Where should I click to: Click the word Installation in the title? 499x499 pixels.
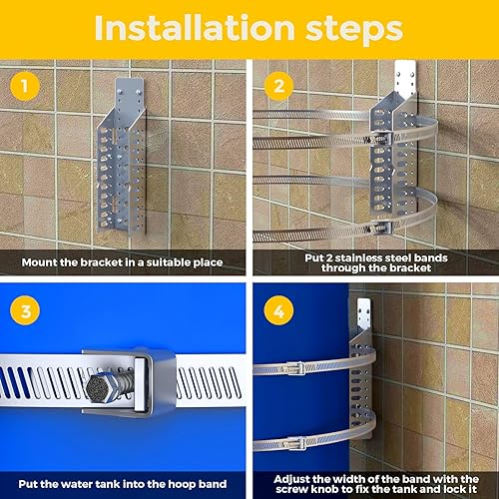pyautogui.click(x=195, y=28)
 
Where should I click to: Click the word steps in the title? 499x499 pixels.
pyautogui.click(x=354, y=31)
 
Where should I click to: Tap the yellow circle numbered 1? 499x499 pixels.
pyautogui.click(x=25, y=86)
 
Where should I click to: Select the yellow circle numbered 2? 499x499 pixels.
pyautogui.click(x=278, y=86)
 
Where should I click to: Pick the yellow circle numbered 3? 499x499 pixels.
pyautogui.click(x=25, y=310)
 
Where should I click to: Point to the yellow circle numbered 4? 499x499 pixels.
pyautogui.click(x=278, y=310)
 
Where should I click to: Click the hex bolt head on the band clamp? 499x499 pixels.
pyautogui.click(x=99, y=387)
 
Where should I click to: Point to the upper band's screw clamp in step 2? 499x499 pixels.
pyautogui.click(x=381, y=137)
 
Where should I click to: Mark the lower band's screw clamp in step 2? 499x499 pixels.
pyautogui.click(x=381, y=228)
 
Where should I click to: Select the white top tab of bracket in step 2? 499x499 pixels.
pyautogui.click(x=405, y=77)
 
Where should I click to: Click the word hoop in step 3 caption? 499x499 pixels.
pyautogui.click(x=182, y=485)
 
